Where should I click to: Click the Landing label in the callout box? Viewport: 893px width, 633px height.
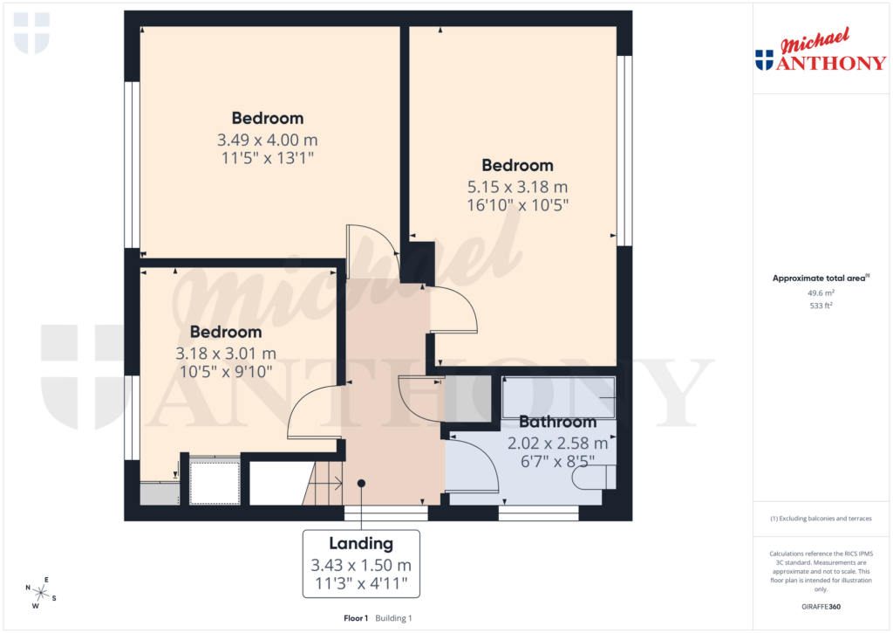point(361,544)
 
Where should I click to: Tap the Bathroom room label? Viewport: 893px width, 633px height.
point(558,423)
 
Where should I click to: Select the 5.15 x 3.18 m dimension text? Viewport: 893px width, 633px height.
point(518,187)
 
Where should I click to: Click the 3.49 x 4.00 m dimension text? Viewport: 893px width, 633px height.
point(267,140)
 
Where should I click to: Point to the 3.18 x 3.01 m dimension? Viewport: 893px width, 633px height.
point(226,354)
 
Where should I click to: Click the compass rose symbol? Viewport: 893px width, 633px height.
point(40,593)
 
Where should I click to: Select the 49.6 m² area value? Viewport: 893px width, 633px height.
point(821,293)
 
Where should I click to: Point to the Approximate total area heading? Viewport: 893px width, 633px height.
point(820,279)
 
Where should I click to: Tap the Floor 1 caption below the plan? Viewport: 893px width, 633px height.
point(356,618)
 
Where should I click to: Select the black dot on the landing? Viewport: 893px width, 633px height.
point(361,483)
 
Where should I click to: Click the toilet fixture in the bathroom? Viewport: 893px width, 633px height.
point(592,477)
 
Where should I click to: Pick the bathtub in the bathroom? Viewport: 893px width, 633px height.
point(558,396)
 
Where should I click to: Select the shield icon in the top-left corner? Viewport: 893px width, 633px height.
point(32,33)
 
